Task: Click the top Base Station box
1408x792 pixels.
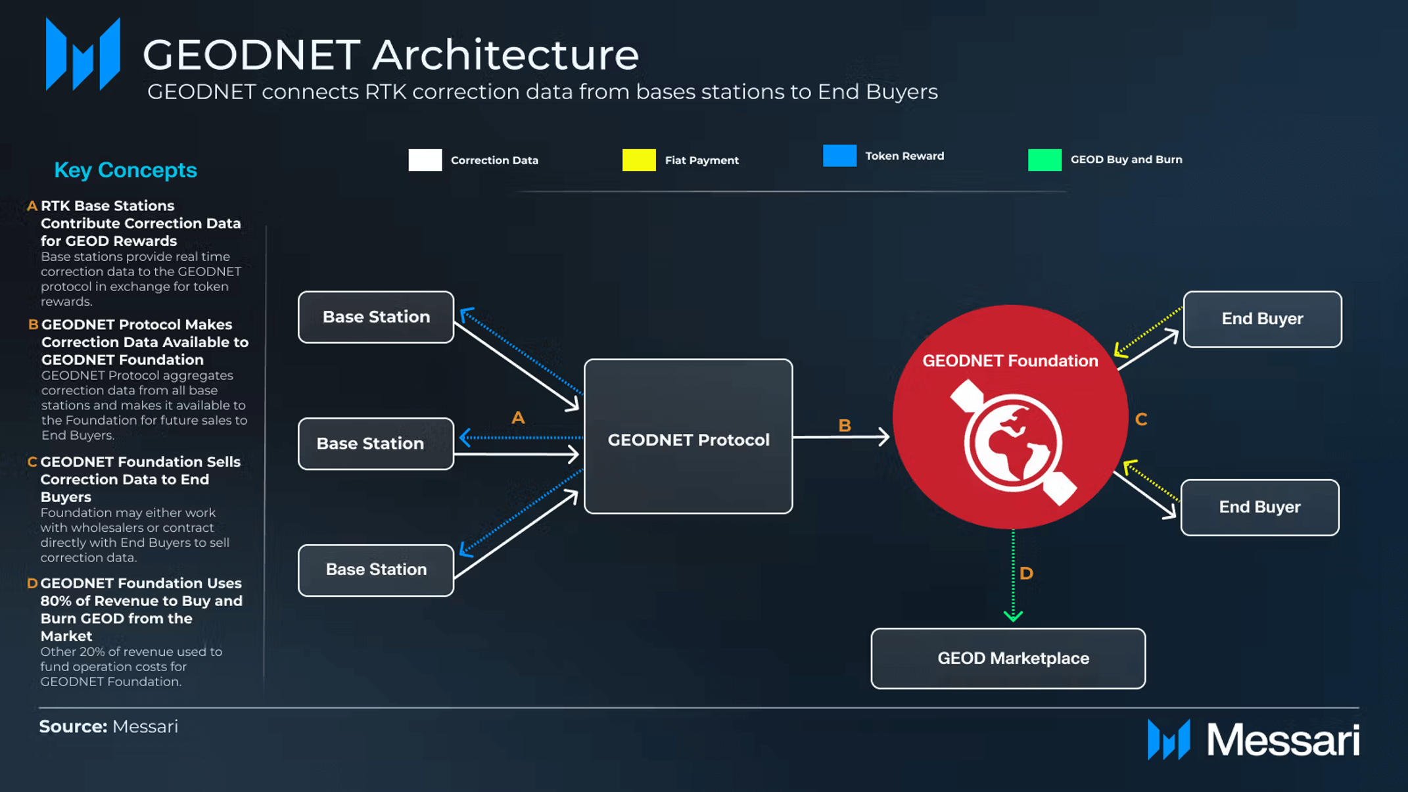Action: point(376,317)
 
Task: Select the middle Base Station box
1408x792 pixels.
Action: point(376,444)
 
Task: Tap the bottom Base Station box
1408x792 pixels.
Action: point(376,570)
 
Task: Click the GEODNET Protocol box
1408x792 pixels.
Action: point(688,436)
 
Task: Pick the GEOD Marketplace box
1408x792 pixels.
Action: point(1008,658)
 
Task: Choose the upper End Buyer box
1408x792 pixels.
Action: point(1262,319)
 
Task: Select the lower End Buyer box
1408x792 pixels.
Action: point(1259,507)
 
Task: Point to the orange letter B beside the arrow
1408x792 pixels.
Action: point(845,425)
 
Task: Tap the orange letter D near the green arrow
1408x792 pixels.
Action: point(1026,573)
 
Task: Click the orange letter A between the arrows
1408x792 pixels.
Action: point(518,417)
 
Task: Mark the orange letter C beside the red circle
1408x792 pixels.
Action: point(1141,419)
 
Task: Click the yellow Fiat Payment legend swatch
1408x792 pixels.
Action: point(639,160)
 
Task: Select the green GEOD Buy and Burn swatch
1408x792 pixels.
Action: point(1044,160)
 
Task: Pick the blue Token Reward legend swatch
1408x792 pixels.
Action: point(839,156)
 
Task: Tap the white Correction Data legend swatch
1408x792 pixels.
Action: point(425,160)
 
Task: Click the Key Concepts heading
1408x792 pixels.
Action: point(125,170)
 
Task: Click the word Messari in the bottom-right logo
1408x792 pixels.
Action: point(1282,740)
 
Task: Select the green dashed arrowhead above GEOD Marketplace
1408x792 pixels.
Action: point(1013,616)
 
